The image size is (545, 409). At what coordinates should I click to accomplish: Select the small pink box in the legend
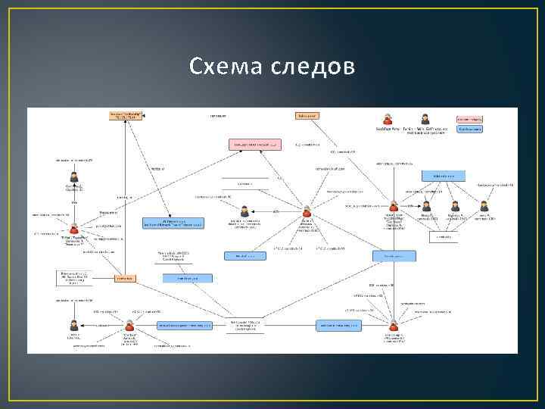pyautogui.click(x=470, y=119)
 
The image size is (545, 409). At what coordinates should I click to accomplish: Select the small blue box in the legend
pyautogui.click(x=470, y=130)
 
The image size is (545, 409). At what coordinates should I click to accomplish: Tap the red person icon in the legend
pyautogui.click(x=388, y=119)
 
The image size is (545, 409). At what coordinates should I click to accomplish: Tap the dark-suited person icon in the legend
pyautogui.click(x=425, y=119)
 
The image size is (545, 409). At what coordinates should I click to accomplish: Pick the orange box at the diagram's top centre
pyautogui.click(x=306, y=116)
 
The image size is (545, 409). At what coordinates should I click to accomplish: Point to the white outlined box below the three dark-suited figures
pyautogui.click(x=444, y=237)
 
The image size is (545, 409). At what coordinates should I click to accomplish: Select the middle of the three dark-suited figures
pyautogui.click(x=454, y=205)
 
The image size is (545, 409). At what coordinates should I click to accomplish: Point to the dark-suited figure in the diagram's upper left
pyautogui.click(x=74, y=177)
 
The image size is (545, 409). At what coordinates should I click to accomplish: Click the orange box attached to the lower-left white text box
pyautogui.click(x=125, y=278)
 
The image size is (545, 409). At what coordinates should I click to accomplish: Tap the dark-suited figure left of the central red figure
pyautogui.click(x=244, y=212)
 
